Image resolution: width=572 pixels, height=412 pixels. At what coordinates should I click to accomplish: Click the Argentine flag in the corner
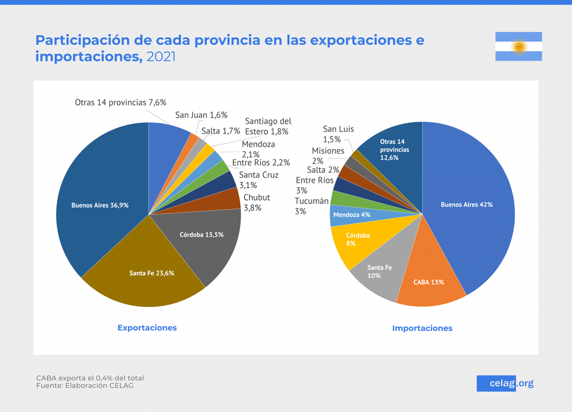[518, 46]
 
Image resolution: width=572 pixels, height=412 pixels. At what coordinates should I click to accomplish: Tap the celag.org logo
[505, 383]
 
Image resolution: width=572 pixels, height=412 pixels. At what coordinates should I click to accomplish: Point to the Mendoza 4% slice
[351, 215]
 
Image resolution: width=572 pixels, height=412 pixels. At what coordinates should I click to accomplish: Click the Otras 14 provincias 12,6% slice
[395, 149]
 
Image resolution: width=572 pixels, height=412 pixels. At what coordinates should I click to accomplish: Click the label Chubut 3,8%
[256, 203]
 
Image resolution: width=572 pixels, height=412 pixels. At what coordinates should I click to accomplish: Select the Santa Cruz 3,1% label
[259, 179]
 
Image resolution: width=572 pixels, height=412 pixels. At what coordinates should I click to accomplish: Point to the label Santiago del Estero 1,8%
[268, 126]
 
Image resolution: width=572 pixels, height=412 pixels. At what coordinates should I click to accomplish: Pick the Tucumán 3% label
[312, 206]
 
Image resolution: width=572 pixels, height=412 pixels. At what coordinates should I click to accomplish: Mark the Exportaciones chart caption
[147, 327]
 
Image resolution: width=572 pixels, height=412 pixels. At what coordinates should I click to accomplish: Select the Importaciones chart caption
[422, 328]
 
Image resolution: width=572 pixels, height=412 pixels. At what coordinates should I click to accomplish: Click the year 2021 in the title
[161, 57]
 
